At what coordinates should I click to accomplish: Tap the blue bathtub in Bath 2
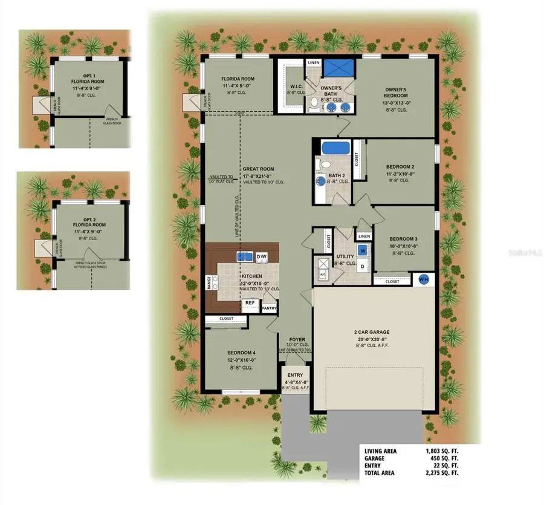[331, 148]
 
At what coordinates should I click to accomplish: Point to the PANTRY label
[269, 308]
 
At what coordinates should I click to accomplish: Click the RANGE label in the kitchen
[210, 283]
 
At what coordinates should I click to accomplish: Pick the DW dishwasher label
[262, 257]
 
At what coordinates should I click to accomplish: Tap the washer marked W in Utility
[363, 250]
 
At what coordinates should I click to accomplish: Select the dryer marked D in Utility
[363, 266]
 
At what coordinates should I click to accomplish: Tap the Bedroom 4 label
[241, 353]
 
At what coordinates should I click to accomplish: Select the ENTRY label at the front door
[295, 375]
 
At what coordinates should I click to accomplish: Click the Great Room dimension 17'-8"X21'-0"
[259, 176]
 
